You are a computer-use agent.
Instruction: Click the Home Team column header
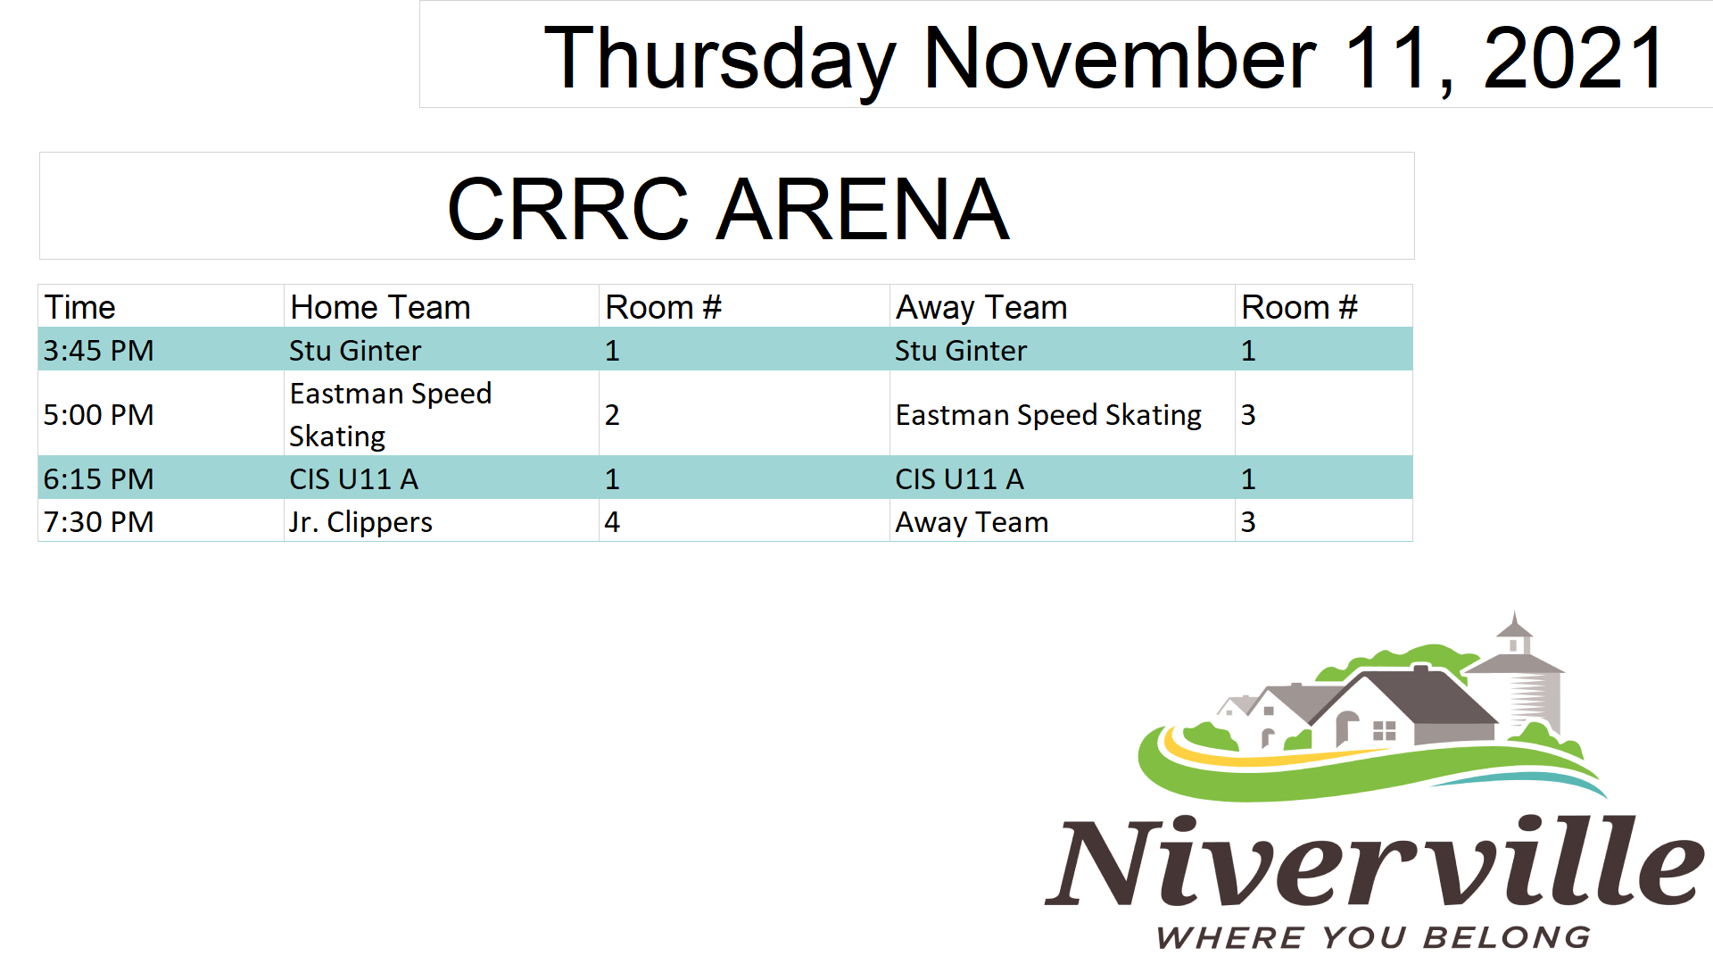(380, 308)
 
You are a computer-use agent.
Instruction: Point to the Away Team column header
(981, 308)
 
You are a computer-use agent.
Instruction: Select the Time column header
(80, 308)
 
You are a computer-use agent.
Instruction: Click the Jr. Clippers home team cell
(360, 522)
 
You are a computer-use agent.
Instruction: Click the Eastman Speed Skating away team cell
(1048, 415)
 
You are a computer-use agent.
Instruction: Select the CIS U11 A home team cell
(353, 479)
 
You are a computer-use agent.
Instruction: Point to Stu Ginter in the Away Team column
(961, 351)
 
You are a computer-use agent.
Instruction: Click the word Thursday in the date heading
(720, 60)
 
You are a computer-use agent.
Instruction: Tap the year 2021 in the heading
(1574, 58)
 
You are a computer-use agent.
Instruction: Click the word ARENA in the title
(865, 210)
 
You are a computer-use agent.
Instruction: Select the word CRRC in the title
(568, 210)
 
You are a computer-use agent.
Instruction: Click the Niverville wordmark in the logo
(1375, 861)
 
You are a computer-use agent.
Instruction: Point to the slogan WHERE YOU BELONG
(1374, 937)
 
